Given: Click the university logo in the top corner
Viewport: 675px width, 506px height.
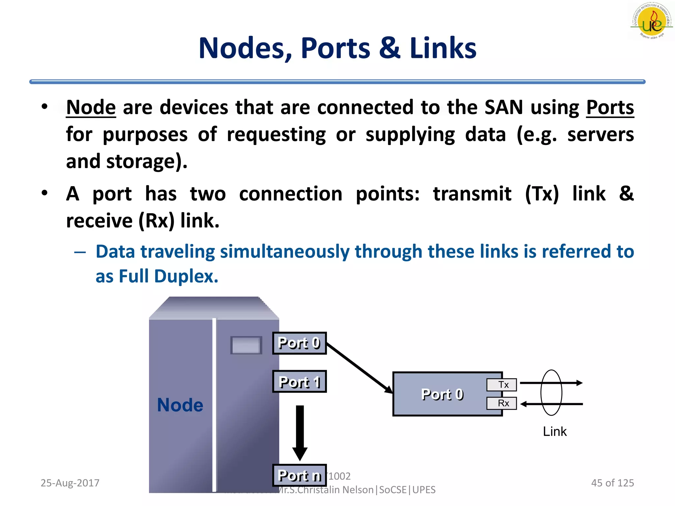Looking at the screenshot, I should point(651,21).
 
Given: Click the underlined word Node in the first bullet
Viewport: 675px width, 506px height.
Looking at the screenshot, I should point(91,107).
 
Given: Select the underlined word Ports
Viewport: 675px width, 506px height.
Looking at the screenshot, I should point(610,107).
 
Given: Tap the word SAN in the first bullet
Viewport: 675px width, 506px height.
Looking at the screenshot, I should point(504,107).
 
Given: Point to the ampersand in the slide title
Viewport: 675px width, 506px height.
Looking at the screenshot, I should point(390,48).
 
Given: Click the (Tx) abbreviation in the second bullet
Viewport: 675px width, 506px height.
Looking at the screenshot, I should point(542,194).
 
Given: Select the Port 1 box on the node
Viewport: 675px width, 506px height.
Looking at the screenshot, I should point(299,381).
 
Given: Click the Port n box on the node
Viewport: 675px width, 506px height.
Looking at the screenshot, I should point(299,475).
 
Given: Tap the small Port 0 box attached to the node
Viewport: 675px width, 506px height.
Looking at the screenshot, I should point(299,343).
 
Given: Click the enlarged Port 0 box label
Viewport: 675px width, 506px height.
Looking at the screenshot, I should point(442,394).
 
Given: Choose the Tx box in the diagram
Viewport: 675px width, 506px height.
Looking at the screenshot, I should point(502,385).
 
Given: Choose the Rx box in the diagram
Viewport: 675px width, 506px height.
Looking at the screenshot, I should point(502,403).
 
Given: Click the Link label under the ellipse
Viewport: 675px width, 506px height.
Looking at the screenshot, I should point(555,432).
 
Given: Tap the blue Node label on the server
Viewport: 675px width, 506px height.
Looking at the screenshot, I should point(180,405).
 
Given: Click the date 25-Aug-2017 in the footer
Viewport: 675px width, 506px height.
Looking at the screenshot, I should point(70,483).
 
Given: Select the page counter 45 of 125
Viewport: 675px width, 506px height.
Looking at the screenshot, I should point(612,483).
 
